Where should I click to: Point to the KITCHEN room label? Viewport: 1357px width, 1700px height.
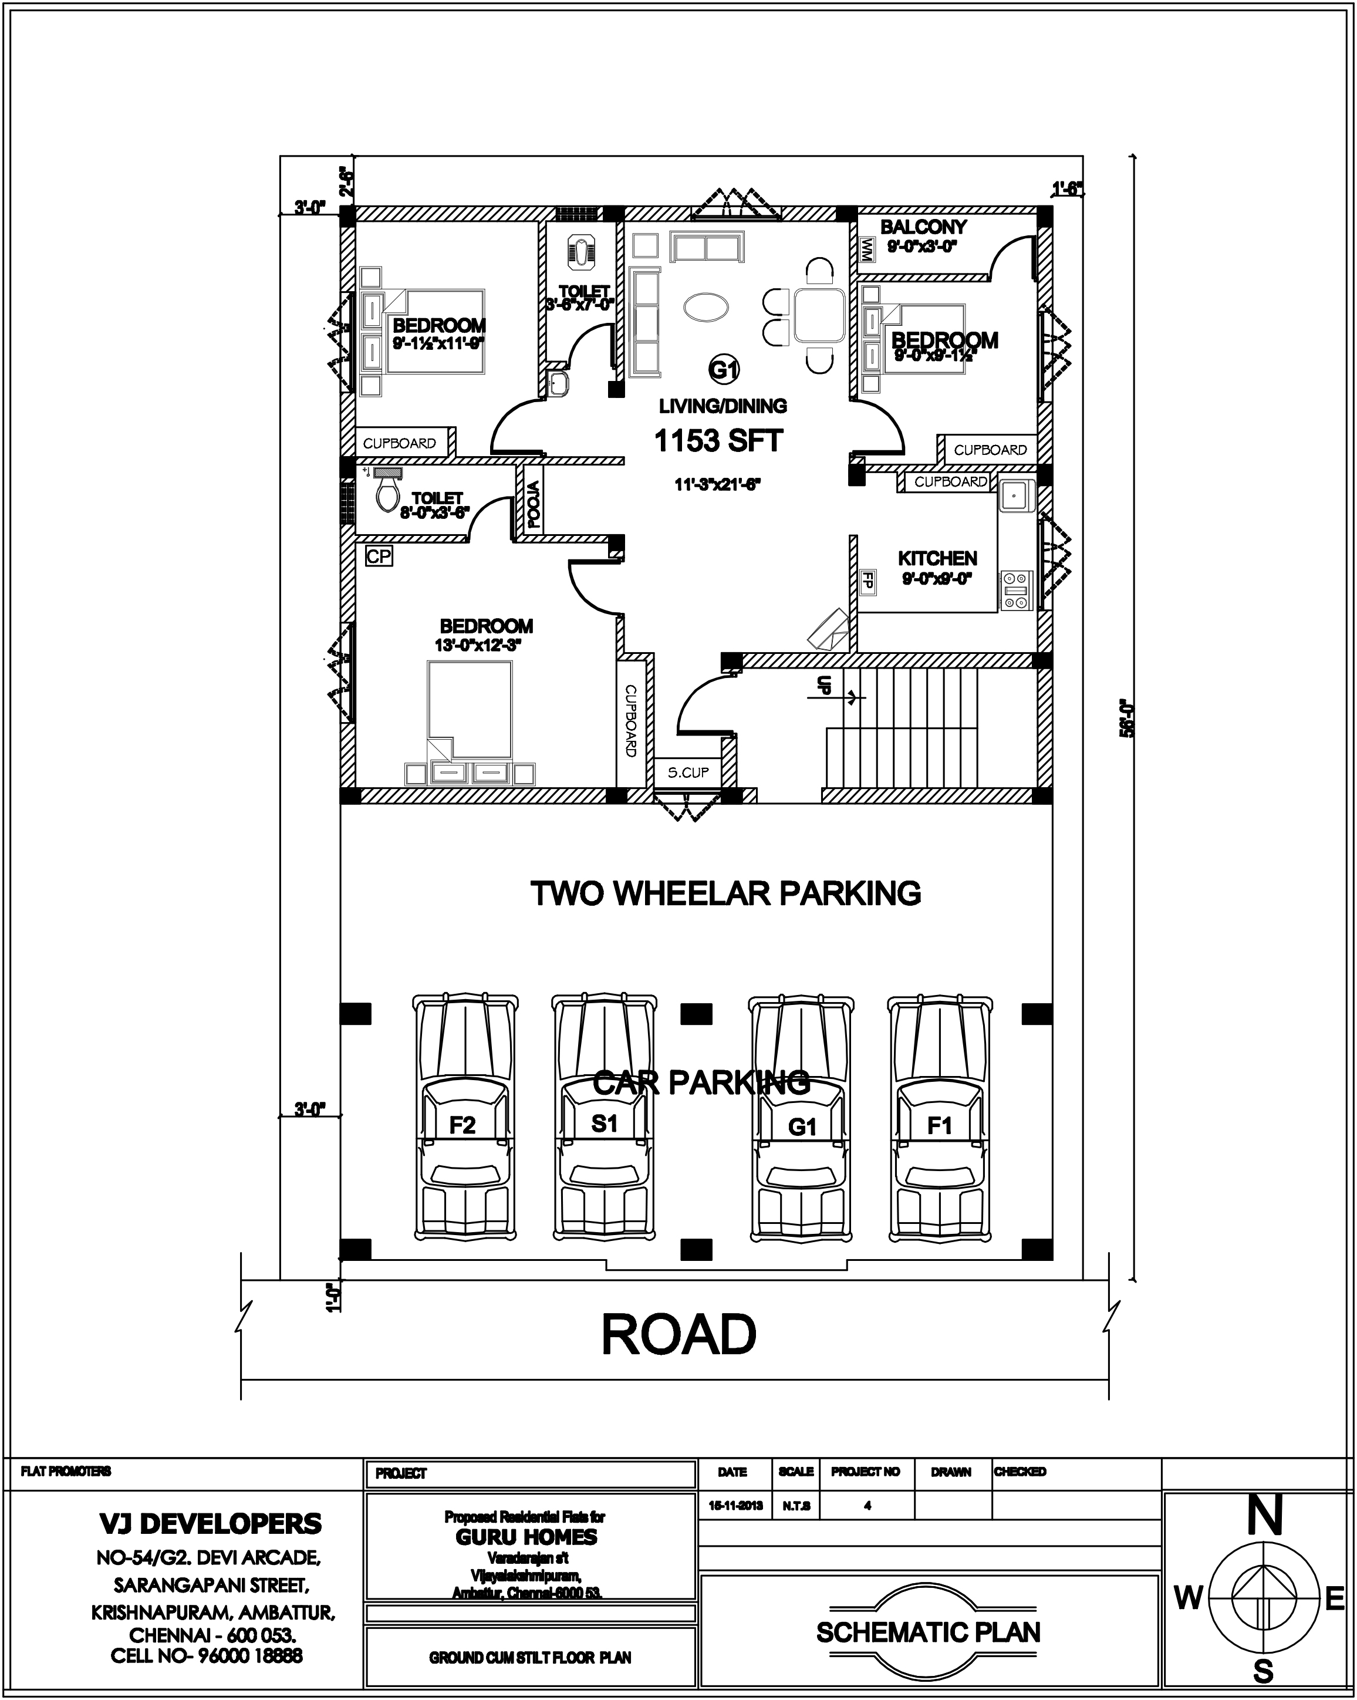(937, 558)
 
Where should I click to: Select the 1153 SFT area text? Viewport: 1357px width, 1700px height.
(718, 441)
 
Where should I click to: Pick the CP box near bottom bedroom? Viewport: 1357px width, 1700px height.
(379, 556)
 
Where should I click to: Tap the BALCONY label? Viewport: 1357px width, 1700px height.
(923, 227)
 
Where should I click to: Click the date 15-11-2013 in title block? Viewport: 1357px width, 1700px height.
(735, 1505)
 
